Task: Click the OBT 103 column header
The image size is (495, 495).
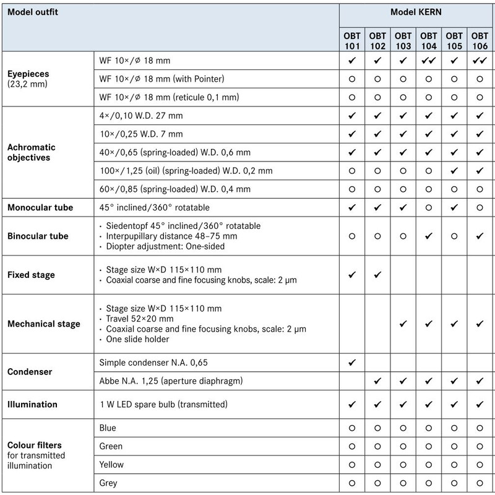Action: coord(403,41)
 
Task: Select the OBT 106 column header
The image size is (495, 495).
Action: coord(480,41)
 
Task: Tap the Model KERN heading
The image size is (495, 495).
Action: coord(416,12)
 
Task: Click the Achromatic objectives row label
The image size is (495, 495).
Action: coord(32,152)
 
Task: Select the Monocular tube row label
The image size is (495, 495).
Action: coord(40,207)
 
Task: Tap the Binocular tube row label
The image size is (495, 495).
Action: coord(37,236)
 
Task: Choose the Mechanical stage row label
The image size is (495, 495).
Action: coord(43,324)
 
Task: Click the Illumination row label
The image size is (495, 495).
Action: coord(32,405)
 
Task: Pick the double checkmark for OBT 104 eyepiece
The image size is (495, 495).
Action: coord(429,61)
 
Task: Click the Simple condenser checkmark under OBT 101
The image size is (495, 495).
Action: coord(351,361)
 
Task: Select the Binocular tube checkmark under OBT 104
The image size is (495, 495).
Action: coord(429,236)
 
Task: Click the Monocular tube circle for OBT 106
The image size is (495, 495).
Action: coord(480,207)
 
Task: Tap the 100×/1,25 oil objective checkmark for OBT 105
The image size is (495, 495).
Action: coord(454,170)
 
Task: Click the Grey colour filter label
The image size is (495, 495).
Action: coord(108,483)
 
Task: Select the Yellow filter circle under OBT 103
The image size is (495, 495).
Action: coord(403,464)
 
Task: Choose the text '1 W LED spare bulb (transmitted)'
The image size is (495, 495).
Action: coord(164,405)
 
